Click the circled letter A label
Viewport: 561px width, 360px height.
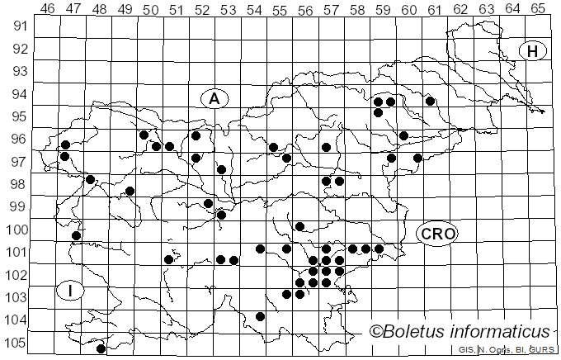tap(214, 98)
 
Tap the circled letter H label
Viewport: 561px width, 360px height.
tap(533, 51)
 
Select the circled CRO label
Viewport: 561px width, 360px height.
tap(436, 234)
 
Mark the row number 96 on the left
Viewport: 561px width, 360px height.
tap(17, 139)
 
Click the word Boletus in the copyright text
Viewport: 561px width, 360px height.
tap(416, 332)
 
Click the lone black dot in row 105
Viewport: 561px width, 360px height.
tap(101, 348)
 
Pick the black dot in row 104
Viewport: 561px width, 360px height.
tap(261, 316)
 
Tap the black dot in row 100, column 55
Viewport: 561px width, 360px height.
tap(300, 226)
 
